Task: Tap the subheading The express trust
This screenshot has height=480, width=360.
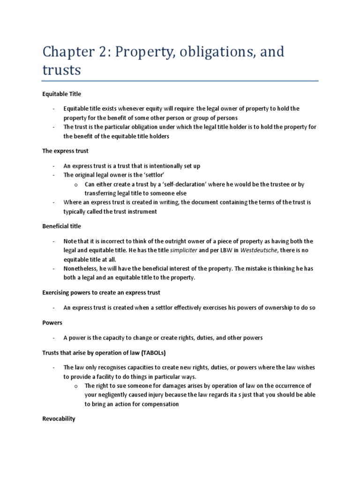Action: coord(65,151)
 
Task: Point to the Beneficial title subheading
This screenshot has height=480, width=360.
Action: coord(61,226)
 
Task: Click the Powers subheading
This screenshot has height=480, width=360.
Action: coord(52,323)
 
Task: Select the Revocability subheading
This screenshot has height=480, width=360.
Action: coord(59,419)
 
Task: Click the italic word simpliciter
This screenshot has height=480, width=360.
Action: coord(183,250)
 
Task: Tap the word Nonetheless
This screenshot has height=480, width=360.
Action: coord(81,269)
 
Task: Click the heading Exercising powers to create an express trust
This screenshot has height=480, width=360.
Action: coord(101,292)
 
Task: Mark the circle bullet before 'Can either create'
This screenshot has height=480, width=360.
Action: coord(75,185)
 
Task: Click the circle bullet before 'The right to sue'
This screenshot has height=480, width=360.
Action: coord(75,386)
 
